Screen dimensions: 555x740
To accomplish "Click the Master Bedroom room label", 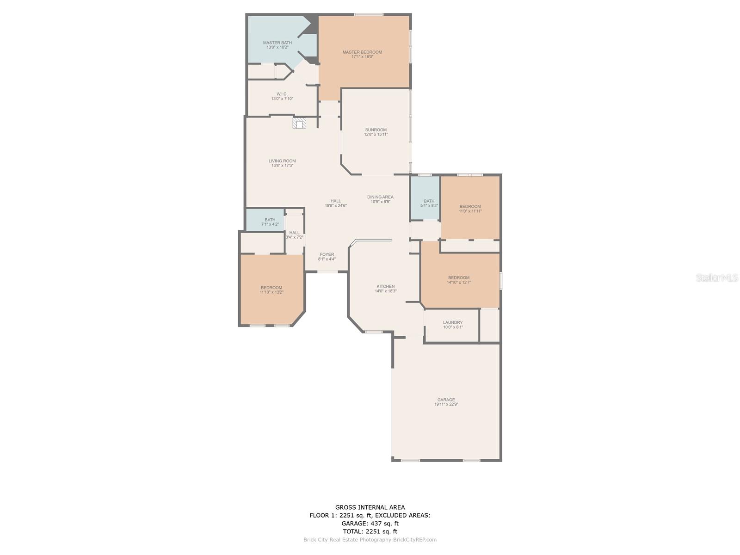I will coord(362,52).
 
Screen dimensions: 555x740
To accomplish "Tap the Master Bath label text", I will coord(277,43).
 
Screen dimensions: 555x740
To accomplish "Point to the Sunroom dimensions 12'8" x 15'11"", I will coord(376,135).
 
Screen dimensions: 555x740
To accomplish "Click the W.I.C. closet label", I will coord(282,94).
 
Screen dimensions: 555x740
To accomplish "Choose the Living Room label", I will coord(282,161).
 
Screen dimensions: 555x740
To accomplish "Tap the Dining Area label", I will coord(380,197).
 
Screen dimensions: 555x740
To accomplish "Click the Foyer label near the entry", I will coord(327,254).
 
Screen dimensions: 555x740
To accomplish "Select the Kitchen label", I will coord(385,286).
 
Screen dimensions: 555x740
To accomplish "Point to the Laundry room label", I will coord(453,322).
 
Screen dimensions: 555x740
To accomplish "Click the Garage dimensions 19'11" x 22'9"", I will coord(446,404).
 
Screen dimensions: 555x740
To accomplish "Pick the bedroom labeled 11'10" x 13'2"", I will coord(271,290).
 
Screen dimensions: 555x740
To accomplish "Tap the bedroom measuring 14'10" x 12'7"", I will coord(459,280).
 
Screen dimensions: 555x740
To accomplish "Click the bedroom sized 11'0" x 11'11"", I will coord(470,209).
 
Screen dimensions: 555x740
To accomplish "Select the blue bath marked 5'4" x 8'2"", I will coord(429,203).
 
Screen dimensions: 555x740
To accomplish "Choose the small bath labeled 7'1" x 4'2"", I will coord(270,222).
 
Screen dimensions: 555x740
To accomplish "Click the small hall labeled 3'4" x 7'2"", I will coord(294,235).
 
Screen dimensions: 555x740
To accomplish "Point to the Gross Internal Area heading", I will coord(370,507).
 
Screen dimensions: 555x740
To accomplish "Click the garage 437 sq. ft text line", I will coord(370,524).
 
